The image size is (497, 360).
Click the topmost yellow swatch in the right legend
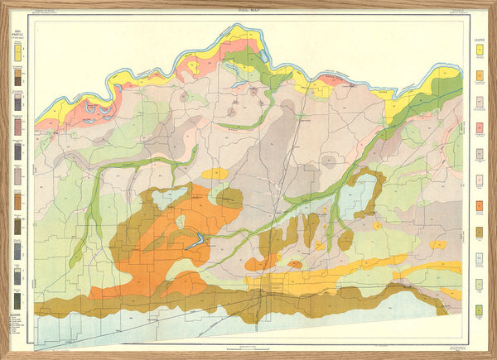pyautogui.click(x=479, y=50)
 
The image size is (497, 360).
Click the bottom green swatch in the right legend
pyautogui.click(x=479, y=310)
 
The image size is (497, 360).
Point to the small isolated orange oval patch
pyautogui.click(x=294, y=265)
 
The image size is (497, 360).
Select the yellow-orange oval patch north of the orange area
pyautogui.click(x=215, y=174)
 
